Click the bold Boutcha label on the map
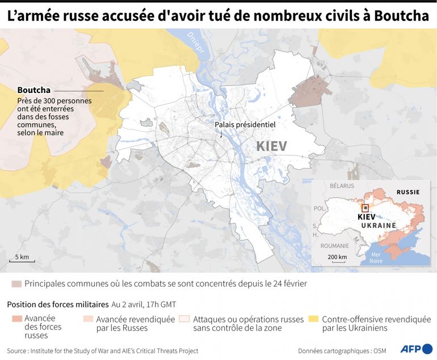pyautogui.click(x=34, y=90)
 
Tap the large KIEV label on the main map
pyautogui.click(x=271, y=146)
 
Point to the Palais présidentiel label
pyautogui.click(x=245, y=125)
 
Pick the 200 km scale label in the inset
pyautogui.click(x=337, y=257)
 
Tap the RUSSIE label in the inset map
pyautogui.click(x=407, y=192)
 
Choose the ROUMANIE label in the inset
pyautogui.click(x=334, y=246)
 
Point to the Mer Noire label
pyautogui.click(x=376, y=257)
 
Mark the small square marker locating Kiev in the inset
pyautogui.click(x=365, y=207)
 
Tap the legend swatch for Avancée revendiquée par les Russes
pyautogui.click(x=88, y=319)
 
